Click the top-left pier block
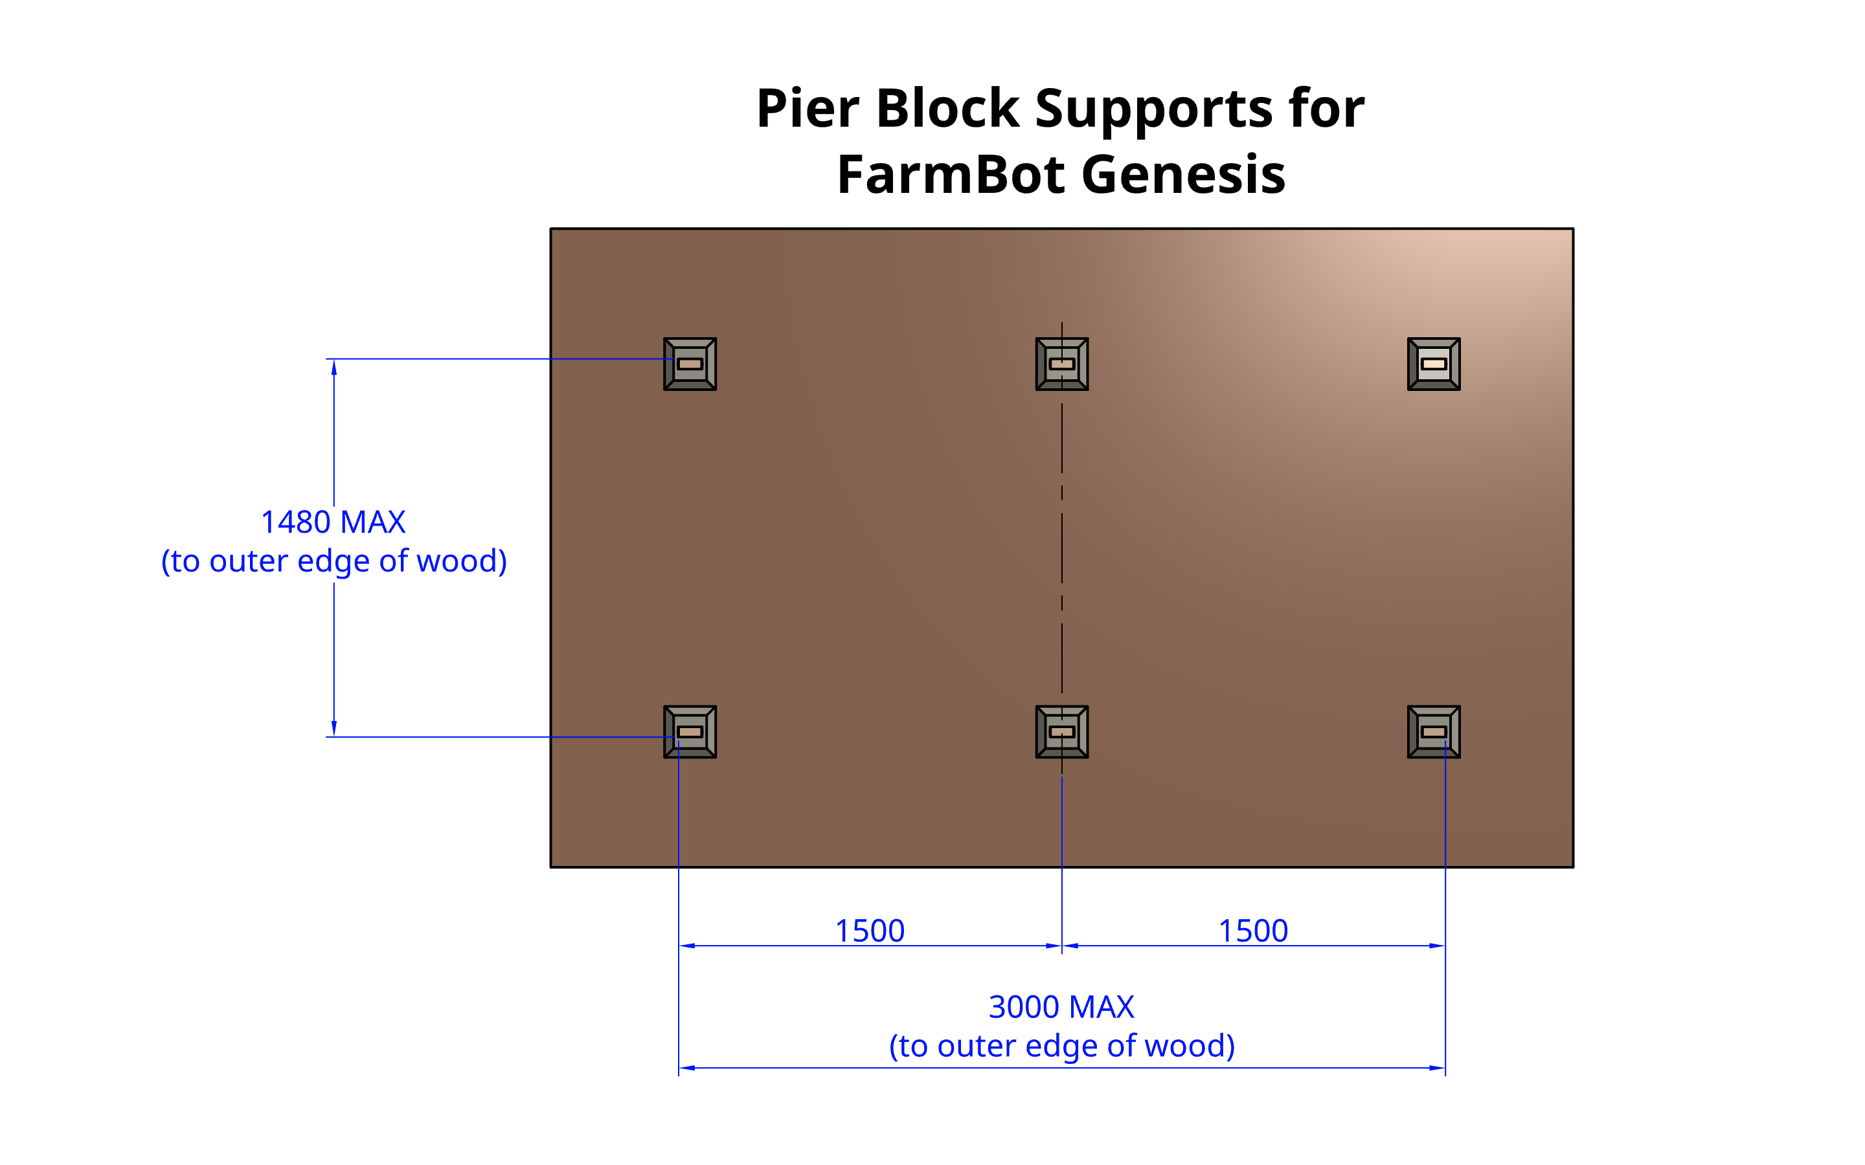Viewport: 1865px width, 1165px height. pyautogui.click(x=690, y=364)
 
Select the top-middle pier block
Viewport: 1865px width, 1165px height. pyautogui.click(x=1061, y=364)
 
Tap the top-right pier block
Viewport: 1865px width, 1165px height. pyautogui.click(x=1434, y=364)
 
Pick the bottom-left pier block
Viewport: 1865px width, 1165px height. pyautogui.click(x=690, y=731)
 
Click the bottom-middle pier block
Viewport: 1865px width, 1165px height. pyautogui.click(x=1061, y=731)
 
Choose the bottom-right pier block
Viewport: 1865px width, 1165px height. pyautogui.click(x=1434, y=731)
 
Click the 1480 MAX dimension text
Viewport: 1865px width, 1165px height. pyautogui.click(x=333, y=522)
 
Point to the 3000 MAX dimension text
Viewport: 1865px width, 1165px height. pyautogui.click(x=1061, y=1006)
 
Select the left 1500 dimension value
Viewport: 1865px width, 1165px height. pyautogui.click(x=869, y=931)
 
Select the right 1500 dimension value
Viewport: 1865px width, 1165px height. pyautogui.click(x=1252, y=931)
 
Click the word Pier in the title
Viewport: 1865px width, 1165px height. pyautogui.click(x=807, y=108)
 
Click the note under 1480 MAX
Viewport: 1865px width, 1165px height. pyautogui.click(x=333, y=561)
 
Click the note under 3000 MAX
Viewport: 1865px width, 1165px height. pyautogui.click(x=1061, y=1045)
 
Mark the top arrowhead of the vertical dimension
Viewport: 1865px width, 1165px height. pyautogui.click(x=333, y=367)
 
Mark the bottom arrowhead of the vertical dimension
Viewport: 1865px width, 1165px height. pyautogui.click(x=333, y=728)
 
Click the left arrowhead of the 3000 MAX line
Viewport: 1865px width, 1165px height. pyautogui.click(x=686, y=1068)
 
